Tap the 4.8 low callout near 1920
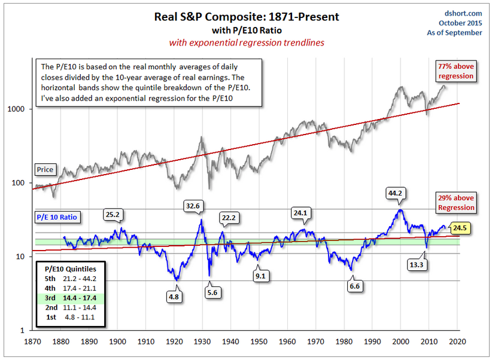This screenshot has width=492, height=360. (175, 295)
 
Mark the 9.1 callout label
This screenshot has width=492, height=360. (260, 276)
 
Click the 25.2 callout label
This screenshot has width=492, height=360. (111, 213)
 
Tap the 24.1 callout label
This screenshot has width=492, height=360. (299, 211)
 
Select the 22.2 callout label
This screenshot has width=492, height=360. (228, 218)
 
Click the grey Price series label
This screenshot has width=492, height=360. (45, 169)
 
